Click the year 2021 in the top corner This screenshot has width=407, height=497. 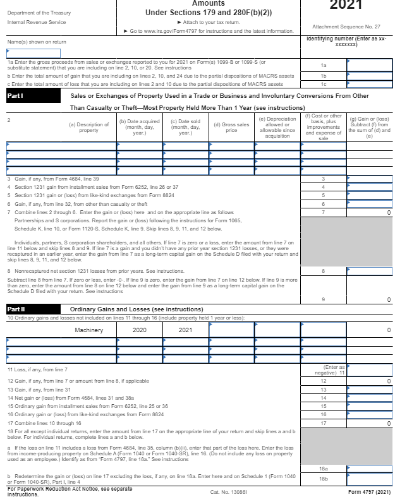[x=346, y=6]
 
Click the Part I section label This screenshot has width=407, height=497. [x=15, y=96]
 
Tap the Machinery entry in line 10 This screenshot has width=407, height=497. [x=89, y=330]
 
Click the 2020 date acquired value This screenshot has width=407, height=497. [x=140, y=330]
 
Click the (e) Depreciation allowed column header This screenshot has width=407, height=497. [x=277, y=128]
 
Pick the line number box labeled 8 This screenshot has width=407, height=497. [x=323, y=270]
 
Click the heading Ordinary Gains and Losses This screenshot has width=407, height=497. [x=114, y=309]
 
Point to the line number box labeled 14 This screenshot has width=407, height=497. [x=323, y=398]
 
